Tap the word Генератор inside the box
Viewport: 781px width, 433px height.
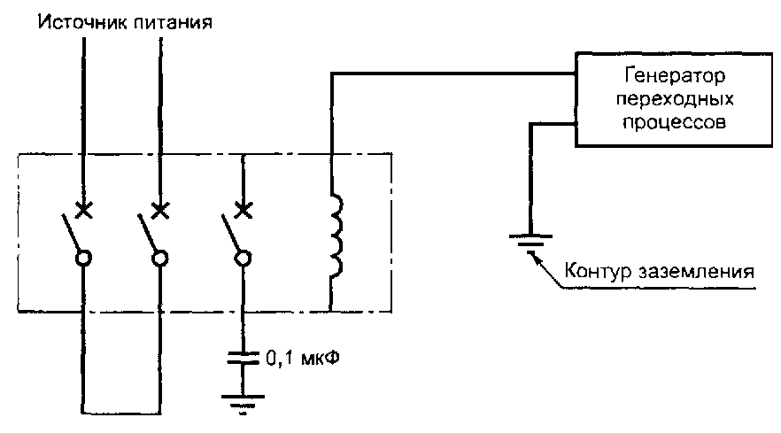675,76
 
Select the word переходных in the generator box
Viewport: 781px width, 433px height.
675,99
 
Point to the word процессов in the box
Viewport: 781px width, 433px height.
675,121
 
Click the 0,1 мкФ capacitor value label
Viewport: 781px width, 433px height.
303,358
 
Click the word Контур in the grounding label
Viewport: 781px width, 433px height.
599,271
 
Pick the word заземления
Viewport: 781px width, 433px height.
696,272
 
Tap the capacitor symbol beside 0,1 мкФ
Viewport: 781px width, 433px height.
243,358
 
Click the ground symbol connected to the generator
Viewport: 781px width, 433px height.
531,242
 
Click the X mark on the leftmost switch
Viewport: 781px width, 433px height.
83,210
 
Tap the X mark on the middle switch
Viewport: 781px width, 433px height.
160,210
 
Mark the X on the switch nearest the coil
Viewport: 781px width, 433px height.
243,210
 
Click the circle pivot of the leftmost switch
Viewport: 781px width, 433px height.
83,259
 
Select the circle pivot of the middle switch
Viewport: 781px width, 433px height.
160,259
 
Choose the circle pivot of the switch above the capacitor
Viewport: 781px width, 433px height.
243,259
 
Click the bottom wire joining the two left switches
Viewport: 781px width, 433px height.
121,413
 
